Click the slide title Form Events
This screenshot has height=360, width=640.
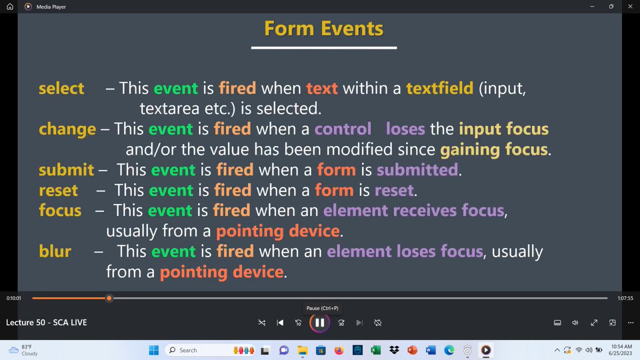click(324, 28)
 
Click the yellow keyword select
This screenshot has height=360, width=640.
click(61, 88)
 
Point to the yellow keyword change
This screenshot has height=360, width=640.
click(67, 129)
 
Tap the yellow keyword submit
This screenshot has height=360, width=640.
click(66, 170)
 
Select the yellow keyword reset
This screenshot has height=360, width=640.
click(58, 190)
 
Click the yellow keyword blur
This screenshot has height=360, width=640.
click(55, 251)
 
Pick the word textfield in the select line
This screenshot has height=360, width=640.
click(439, 88)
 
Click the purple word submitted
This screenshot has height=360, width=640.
click(418, 170)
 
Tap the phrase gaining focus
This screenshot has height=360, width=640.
click(494, 150)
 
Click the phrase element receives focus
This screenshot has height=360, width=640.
click(413, 211)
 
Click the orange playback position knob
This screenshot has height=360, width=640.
click(109, 298)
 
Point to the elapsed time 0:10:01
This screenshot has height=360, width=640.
click(14, 298)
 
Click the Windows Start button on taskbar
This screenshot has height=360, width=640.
click(154, 350)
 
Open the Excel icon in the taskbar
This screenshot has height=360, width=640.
click(375, 350)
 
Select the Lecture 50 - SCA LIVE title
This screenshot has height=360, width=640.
click(46, 323)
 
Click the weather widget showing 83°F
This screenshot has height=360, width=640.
click(24, 350)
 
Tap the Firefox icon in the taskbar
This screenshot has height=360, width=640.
click(339, 350)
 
